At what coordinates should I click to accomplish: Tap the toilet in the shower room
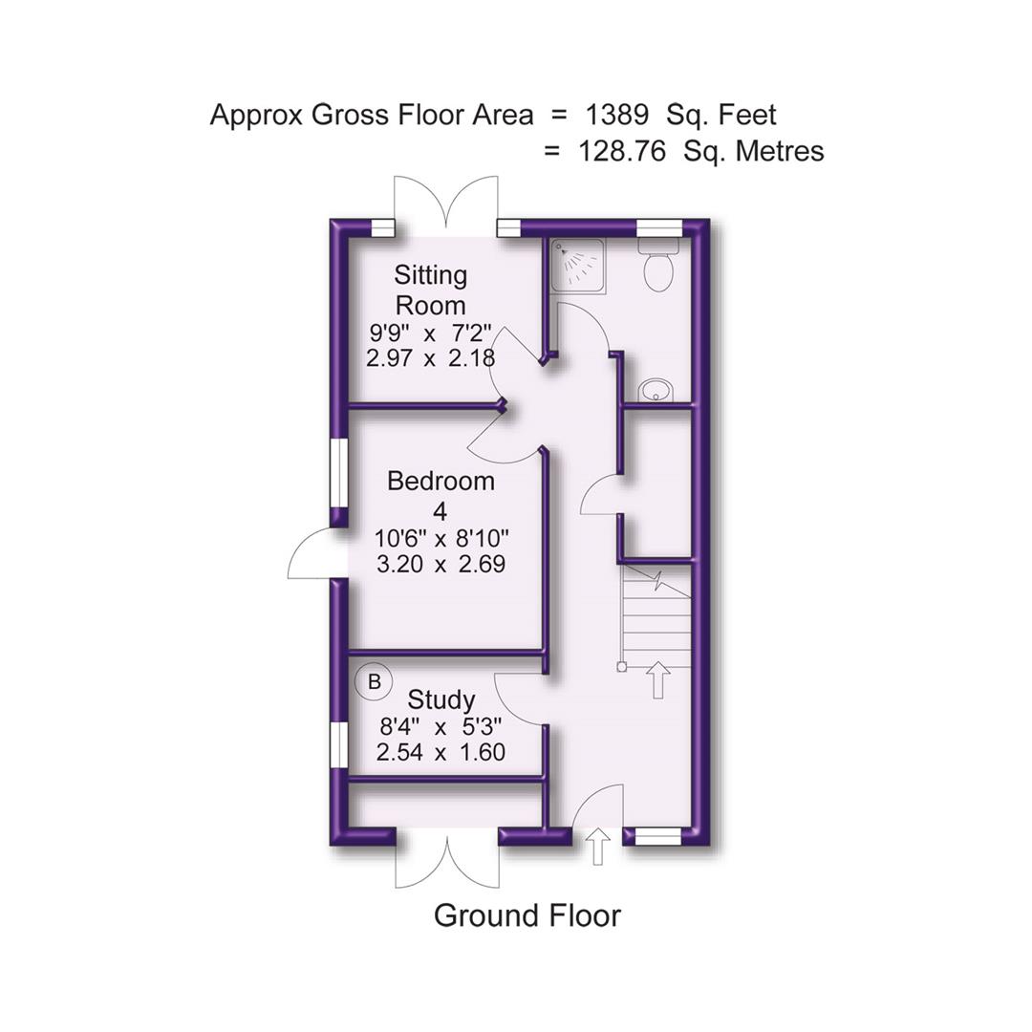(657, 265)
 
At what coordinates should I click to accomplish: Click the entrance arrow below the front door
(598, 847)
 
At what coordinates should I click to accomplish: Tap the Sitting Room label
(431, 290)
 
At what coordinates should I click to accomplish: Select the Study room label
(441, 700)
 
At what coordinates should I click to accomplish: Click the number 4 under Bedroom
(441, 511)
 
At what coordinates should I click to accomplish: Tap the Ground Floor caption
(527, 915)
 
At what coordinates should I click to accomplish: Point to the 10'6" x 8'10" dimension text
(441, 538)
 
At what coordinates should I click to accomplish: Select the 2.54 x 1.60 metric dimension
(441, 753)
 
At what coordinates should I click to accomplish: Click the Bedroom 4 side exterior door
(313, 557)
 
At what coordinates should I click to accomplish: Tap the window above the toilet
(658, 227)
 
